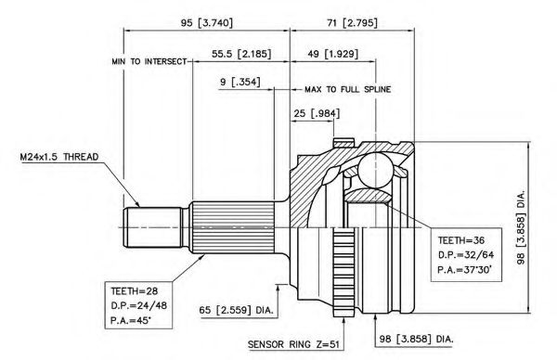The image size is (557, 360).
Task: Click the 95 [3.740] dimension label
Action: pyautogui.click(x=207, y=23)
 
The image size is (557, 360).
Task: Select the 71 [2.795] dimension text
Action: pyautogui.click(x=352, y=23)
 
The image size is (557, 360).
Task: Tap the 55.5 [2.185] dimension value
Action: pyautogui.click(x=241, y=54)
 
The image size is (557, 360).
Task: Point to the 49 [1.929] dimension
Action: pyautogui.click(x=333, y=54)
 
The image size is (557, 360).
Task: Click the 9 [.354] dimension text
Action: pyautogui.click(x=240, y=82)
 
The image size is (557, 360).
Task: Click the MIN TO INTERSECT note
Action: pyautogui.click(x=149, y=61)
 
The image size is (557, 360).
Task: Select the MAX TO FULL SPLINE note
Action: pyautogui.click(x=348, y=89)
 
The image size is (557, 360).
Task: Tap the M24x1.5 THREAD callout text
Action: pyautogui.click(x=59, y=157)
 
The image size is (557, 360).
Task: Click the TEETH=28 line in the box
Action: pyautogui.click(x=135, y=291)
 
